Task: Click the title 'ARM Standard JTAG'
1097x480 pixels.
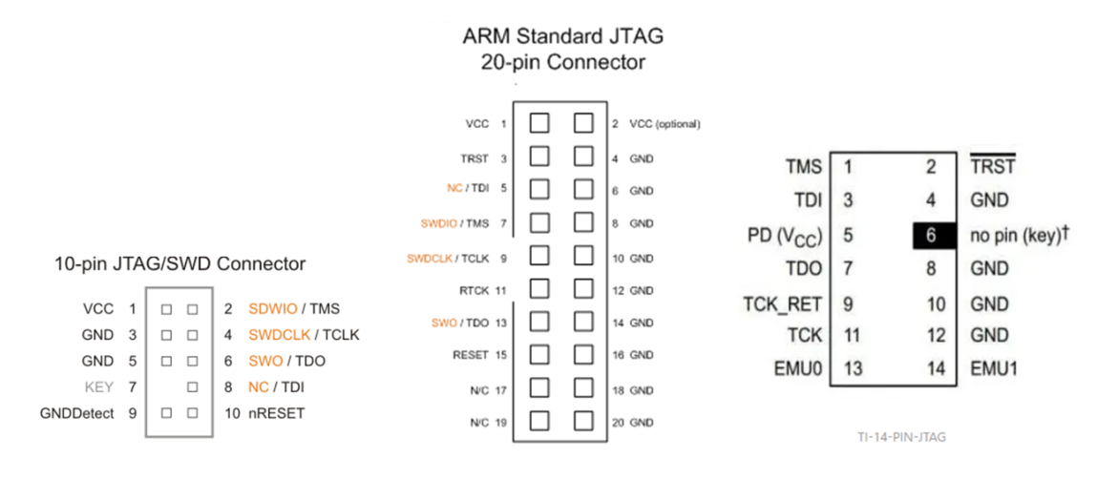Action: (x=562, y=37)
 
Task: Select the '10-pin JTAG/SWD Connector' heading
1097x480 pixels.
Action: (x=181, y=263)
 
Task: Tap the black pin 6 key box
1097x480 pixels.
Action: (x=931, y=235)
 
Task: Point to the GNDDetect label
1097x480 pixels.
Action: (x=77, y=413)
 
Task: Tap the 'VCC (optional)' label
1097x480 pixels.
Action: (x=665, y=124)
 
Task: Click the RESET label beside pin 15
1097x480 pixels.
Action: (x=472, y=355)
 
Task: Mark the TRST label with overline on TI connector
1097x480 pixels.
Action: (x=992, y=167)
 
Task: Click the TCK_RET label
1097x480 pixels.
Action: (x=782, y=304)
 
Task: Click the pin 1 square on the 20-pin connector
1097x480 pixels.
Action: (x=539, y=124)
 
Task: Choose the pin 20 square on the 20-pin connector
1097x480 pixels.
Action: (x=584, y=421)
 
